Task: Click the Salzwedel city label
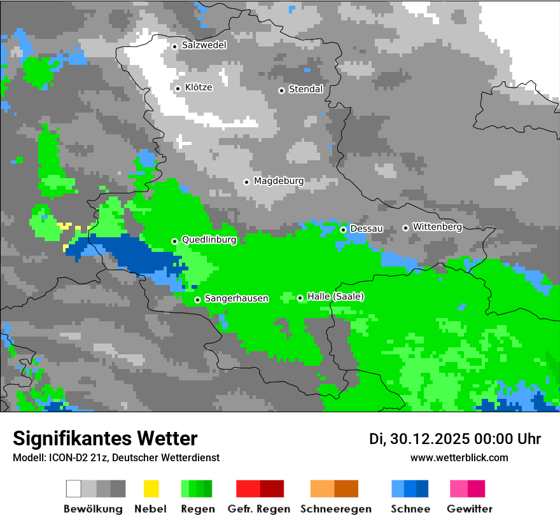pyautogui.click(x=204, y=45)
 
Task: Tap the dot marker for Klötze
pyautogui.click(x=178, y=88)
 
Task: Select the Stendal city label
pyautogui.click(x=305, y=89)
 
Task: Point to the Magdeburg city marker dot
pyautogui.click(x=246, y=182)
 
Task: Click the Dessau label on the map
pyautogui.click(x=367, y=228)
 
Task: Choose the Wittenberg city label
pyautogui.click(x=437, y=226)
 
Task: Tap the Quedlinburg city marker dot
pyautogui.click(x=174, y=241)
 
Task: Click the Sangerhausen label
pyautogui.click(x=236, y=298)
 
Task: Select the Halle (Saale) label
pyautogui.click(x=335, y=296)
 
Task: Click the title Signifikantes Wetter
pyautogui.click(x=105, y=438)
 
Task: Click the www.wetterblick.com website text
pyautogui.click(x=459, y=457)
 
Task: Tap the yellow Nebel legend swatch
pyautogui.click(x=151, y=489)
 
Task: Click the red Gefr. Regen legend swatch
pyautogui.click(x=248, y=489)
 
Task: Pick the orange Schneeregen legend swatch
pyautogui.click(x=322, y=489)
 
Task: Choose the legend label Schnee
pyautogui.click(x=410, y=509)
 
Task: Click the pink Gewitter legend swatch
pyautogui.click(x=458, y=489)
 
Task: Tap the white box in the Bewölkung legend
pyautogui.click(x=74, y=489)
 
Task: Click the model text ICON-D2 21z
pyautogui.click(x=74, y=457)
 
